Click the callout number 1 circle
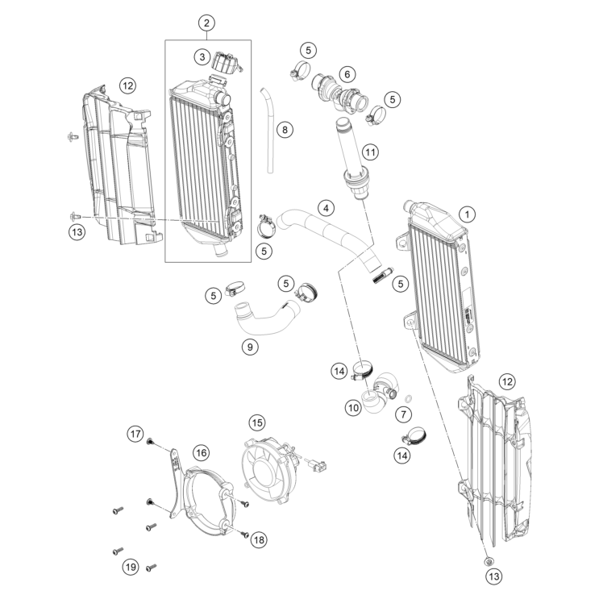tap(467, 214)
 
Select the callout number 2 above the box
tap(207, 23)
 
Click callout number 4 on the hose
tap(325, 208)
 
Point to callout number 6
tap(347, 74)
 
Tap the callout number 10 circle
tap(353, 408)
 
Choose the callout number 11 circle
tap(369, 151)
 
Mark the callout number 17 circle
tap(135, 434)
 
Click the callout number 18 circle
tap(259, 539)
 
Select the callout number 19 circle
tap(131, 568)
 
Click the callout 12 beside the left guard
tap(127, 84)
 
